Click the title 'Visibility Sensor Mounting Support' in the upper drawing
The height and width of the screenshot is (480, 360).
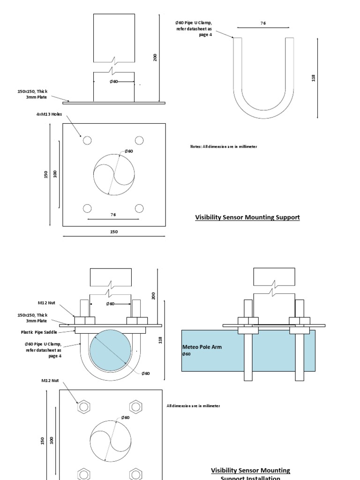(x=247, y=217)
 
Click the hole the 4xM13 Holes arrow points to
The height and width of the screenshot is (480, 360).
(x=87, y=140)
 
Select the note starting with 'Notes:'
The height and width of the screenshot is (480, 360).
(x=223, y=147)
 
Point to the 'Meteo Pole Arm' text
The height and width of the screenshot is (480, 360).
(x=201, y=347)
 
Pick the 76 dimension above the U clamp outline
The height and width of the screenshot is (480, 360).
(x=263, y=23)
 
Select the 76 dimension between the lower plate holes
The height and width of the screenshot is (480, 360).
(x=113, y=215)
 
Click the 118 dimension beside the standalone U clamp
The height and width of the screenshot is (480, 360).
(x=314, y=78)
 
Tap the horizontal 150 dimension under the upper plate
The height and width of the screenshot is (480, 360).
(x=114, y=232)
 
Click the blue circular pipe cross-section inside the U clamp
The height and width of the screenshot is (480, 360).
(x=111, y=352)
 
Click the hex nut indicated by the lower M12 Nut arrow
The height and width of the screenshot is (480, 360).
(x=83, y=406)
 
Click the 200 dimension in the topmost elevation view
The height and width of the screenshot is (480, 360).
(x=155, y=57)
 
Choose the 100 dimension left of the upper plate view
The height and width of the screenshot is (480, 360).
(x=55, y=174)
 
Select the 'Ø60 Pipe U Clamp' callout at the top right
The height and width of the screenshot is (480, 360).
(x=194, y=29)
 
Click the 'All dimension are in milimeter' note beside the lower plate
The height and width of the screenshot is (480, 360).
(x=193, y=405)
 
